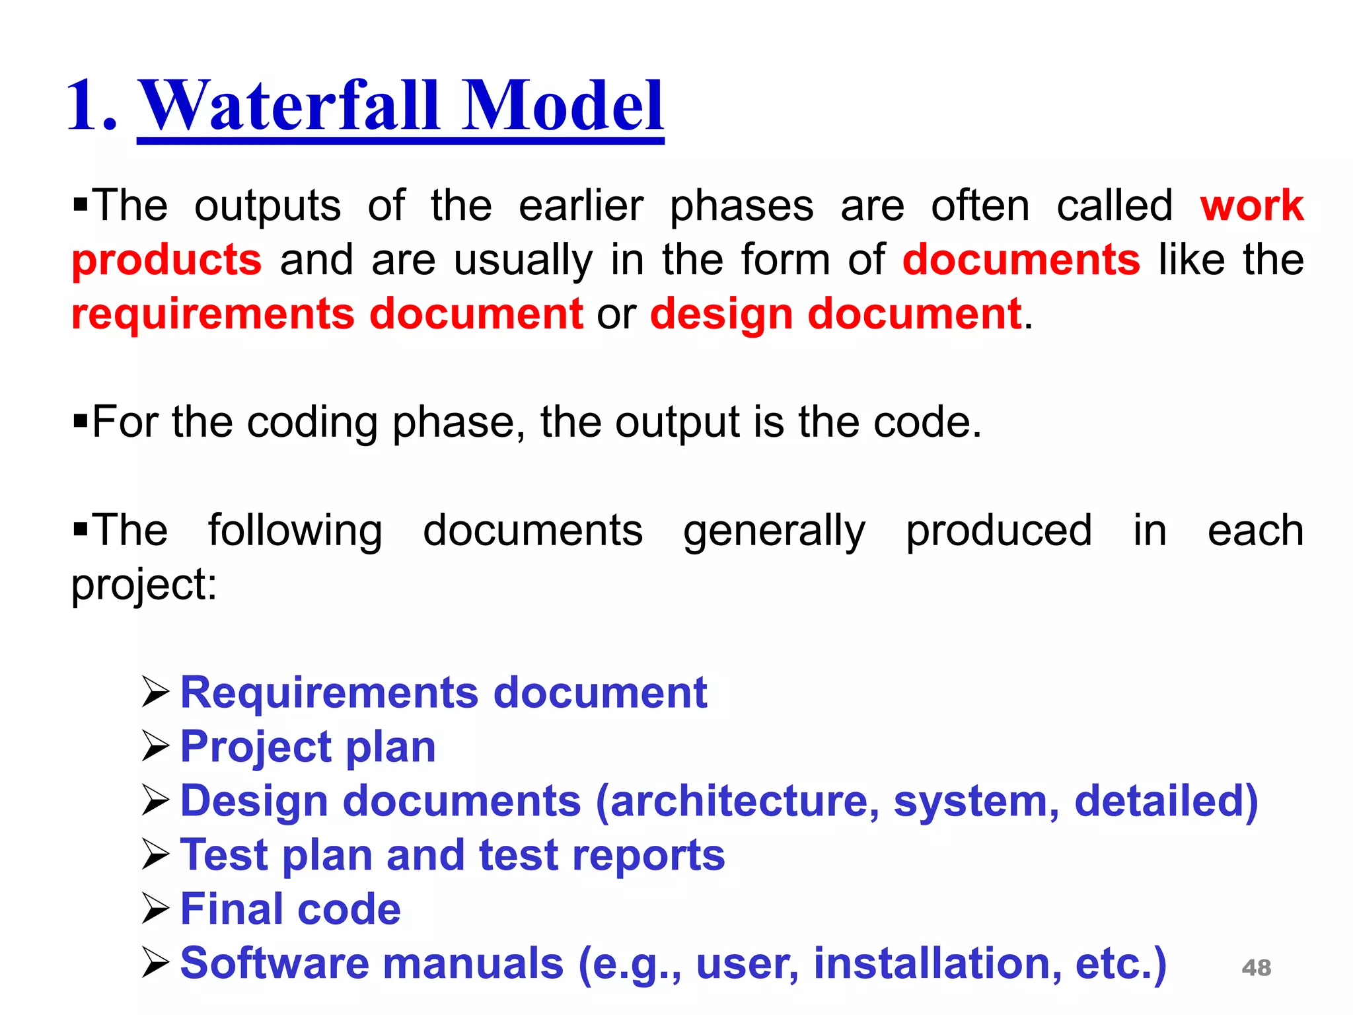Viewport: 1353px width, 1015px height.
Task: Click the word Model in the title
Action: point(562,106)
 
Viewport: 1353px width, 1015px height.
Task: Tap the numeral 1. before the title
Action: point(92,106)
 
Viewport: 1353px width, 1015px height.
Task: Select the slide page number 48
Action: point(1256,968)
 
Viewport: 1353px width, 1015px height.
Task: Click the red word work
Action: point(1251,206)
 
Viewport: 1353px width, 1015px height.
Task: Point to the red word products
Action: point(166,260)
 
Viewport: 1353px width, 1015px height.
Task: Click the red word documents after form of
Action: point(1021,260)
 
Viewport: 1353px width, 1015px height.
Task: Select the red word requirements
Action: point(213,314)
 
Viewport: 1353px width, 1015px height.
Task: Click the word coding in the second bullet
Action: point(312,422)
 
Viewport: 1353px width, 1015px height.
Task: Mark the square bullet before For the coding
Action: point(81,420)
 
